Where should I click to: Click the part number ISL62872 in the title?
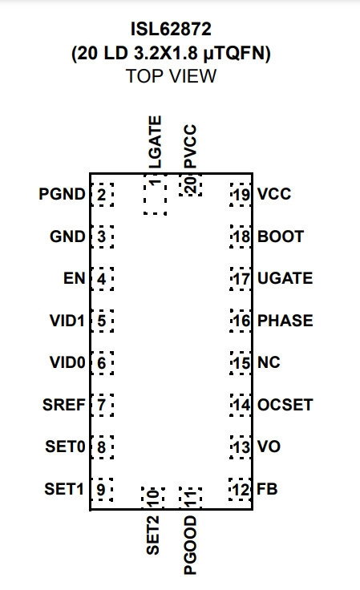click(171, 29)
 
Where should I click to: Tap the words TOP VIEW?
click(171, 76)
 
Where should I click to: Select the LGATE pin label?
click(155, 142)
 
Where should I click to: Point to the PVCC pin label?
click(190, 147)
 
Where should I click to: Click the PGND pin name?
click(62, 194)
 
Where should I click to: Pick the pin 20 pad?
click(190, 185)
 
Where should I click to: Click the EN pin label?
click(75, 278)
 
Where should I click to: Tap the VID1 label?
click(67, 321)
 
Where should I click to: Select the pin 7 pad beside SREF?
click(102, 405)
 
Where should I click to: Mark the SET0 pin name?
click(65, 447)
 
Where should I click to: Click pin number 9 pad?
click(102, 490)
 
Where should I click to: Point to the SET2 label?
click(152, 535)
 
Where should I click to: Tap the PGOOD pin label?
click(190, 545)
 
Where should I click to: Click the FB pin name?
click(267, 489)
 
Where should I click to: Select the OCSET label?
click(285, 405)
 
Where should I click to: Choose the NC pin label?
click(269, 362)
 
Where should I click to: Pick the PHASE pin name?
click(285, 321)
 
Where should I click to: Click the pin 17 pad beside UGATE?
click(241, 279)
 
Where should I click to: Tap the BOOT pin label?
click(281, 236)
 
